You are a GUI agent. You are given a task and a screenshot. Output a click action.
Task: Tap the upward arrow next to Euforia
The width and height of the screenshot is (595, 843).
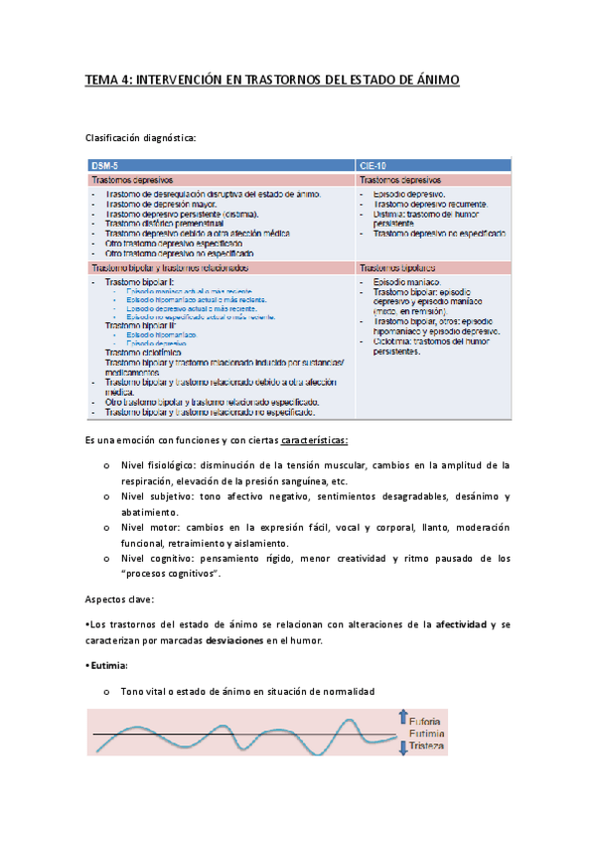click(402, 718)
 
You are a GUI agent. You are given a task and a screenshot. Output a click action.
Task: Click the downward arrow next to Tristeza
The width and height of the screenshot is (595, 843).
click(402, 747)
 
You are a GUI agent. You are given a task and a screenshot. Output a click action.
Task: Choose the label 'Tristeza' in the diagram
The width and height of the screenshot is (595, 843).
click(427, 746)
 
